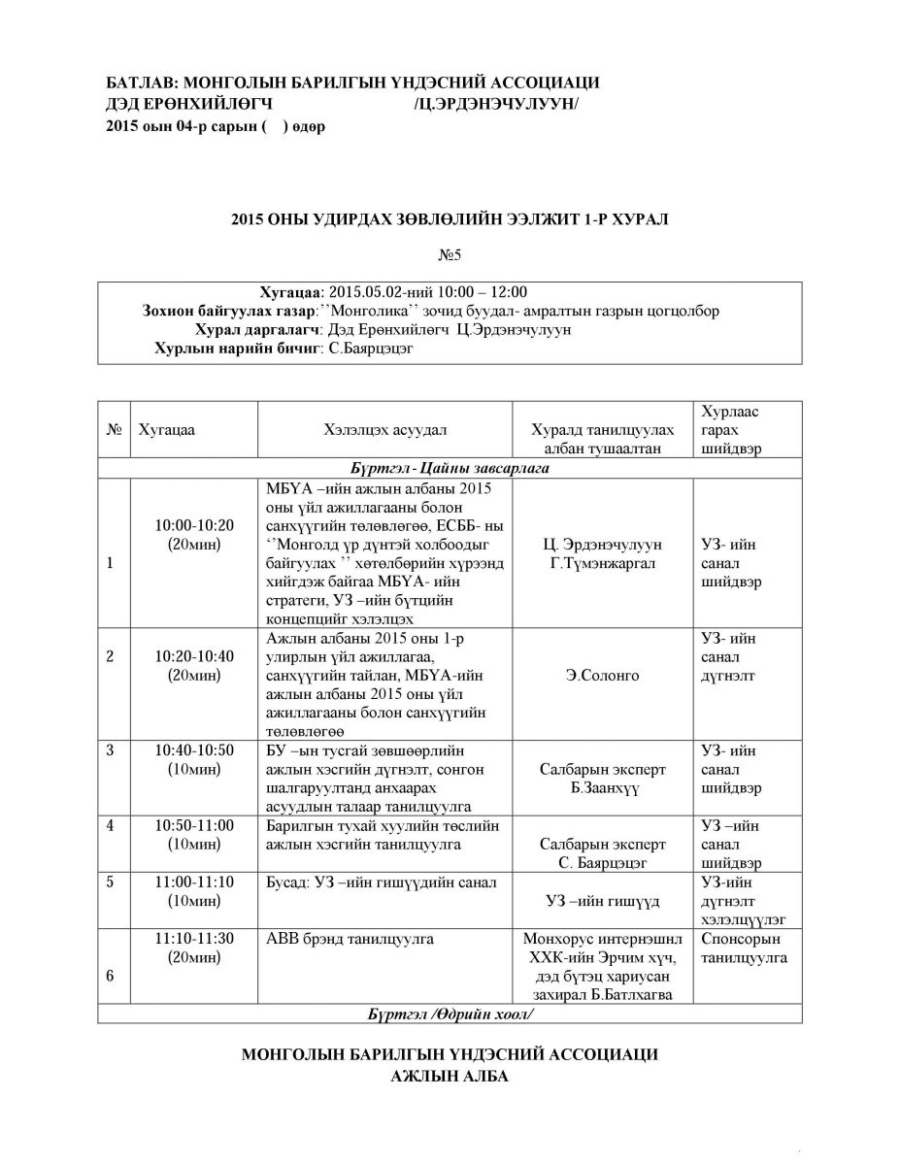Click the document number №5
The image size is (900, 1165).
click(450, 256)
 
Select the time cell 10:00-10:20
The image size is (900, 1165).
click(193, 525)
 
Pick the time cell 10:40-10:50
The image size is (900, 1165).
click(193, 750)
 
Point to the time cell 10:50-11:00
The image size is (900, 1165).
click(193, 825)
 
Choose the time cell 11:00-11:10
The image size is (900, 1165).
click(193, 882)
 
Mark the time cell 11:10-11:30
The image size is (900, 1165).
click(193, 939)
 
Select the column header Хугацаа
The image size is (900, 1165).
click(167, 429)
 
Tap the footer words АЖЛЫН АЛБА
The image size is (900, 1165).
click(449, 1077)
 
